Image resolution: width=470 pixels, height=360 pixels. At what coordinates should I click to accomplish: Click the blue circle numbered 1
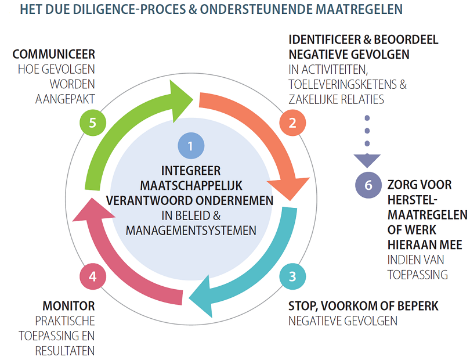[x=191, y=146]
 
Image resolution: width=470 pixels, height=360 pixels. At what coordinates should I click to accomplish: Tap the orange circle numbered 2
[x=292, y=122]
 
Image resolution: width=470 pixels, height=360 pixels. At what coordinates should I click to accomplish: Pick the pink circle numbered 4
[x=92, y=276]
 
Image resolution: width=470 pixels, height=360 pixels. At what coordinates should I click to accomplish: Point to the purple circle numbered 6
[x=368, y=185]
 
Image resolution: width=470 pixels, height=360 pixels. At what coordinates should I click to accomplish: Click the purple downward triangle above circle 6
[x=367, y=160]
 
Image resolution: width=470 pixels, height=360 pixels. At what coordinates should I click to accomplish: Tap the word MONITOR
[x=68, y=306]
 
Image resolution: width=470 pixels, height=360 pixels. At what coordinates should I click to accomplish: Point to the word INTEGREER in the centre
[x=191, y=171]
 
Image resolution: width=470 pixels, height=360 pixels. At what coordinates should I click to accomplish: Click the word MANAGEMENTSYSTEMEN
[x=191, y=230]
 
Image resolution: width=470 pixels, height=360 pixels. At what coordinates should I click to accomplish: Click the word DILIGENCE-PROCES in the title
[x=118, y=9]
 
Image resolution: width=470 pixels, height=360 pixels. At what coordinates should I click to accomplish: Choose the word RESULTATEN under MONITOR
[x=65, y=350]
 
